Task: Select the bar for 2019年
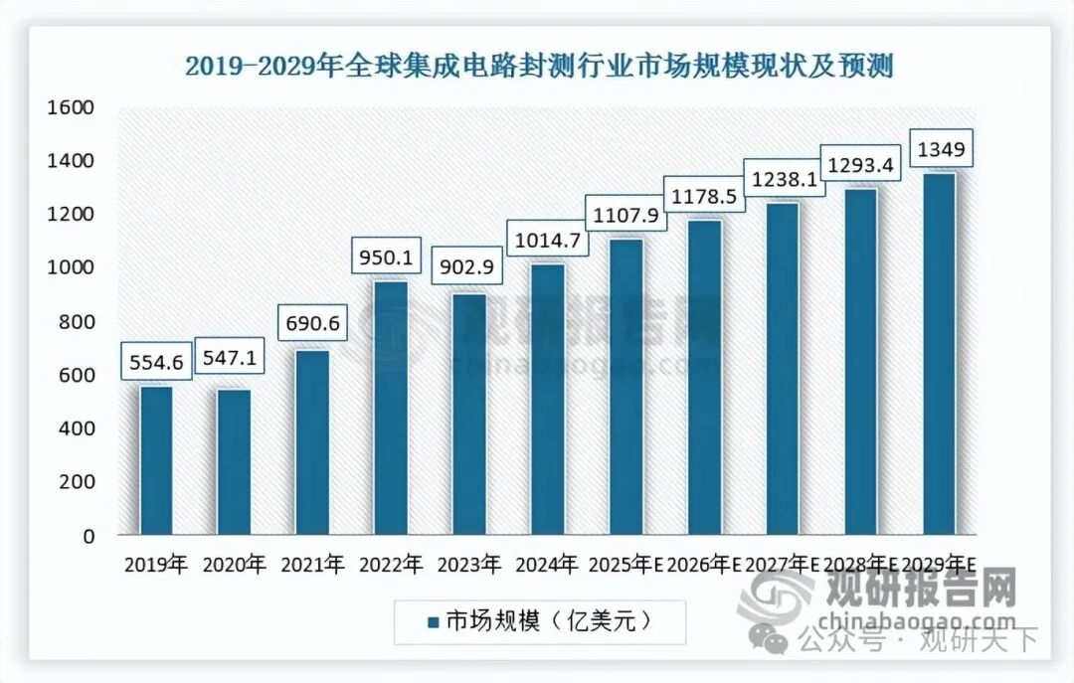[x=156, y=459]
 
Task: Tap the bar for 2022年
[x=391, y=408]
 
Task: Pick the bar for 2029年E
[x=940, y=353]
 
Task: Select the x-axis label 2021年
[x=312, y=566]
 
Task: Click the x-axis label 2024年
[x=547, y=566]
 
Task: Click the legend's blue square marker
[x=433, y=622]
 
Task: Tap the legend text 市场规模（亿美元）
[x=548, y=621]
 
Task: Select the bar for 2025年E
[x=626, y=386]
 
